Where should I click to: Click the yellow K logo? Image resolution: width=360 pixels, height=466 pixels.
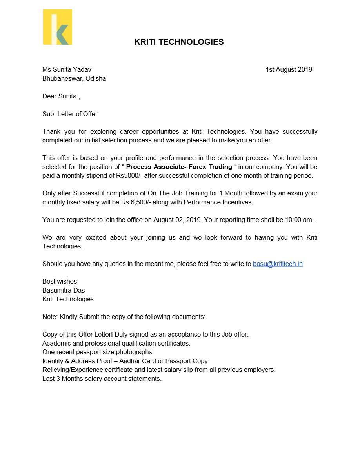click(58, 27)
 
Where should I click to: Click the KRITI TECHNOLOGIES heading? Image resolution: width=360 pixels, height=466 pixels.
click(179, 42)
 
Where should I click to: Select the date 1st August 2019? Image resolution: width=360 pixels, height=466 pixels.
click(289, 70)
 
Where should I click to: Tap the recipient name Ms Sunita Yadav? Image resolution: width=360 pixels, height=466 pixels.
click(67, 70)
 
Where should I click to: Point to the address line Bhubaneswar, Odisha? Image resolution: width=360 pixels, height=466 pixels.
click(74, 78)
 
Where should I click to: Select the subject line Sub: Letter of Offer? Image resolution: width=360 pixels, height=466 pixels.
click(70, 114)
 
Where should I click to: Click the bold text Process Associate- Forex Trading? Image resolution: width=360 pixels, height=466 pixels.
click(179, 167)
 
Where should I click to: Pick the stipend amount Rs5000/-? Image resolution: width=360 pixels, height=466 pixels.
click(130, 176)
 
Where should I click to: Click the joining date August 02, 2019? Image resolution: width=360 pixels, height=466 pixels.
click(177, 220)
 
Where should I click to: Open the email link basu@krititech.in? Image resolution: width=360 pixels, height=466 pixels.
click(278, 264)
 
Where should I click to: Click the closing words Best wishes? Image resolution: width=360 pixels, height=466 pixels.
click(60, 282)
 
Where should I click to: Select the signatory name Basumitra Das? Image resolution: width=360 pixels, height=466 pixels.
click(64, 291)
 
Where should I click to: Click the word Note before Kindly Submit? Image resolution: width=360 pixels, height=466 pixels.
click(49, 317)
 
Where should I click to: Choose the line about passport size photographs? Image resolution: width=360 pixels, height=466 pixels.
click(98, 352)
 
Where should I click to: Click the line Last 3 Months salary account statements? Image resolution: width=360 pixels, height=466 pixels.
click(102, 379)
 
